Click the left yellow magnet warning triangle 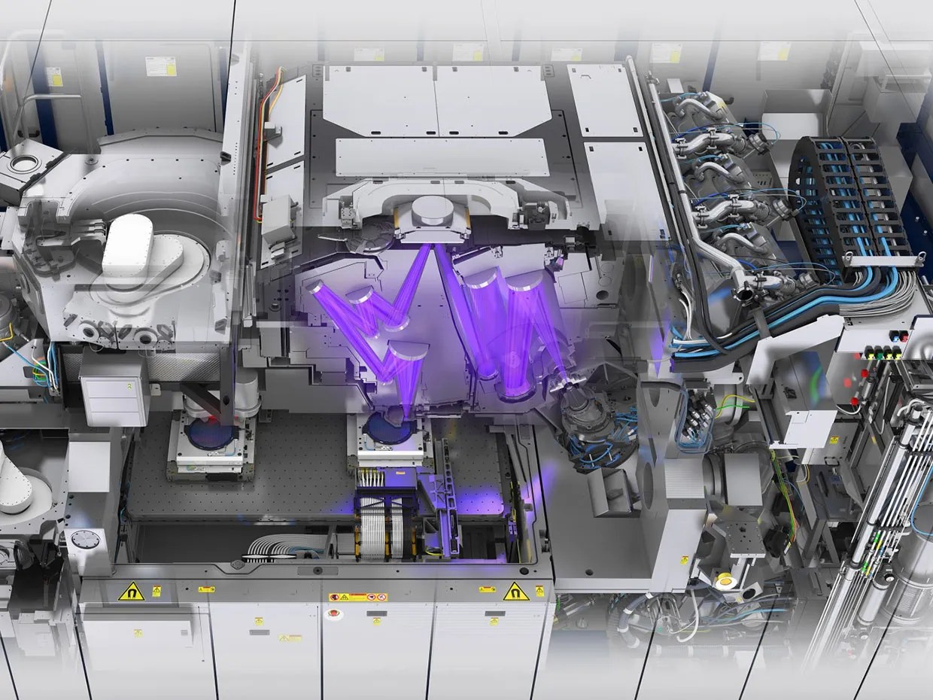coord(131,592)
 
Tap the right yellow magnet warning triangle coord(515,592)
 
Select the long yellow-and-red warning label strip coord(358,597)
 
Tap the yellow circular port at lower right coord(725,580)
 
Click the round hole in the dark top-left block coord(27,162)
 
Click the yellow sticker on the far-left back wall coord(54,77)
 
